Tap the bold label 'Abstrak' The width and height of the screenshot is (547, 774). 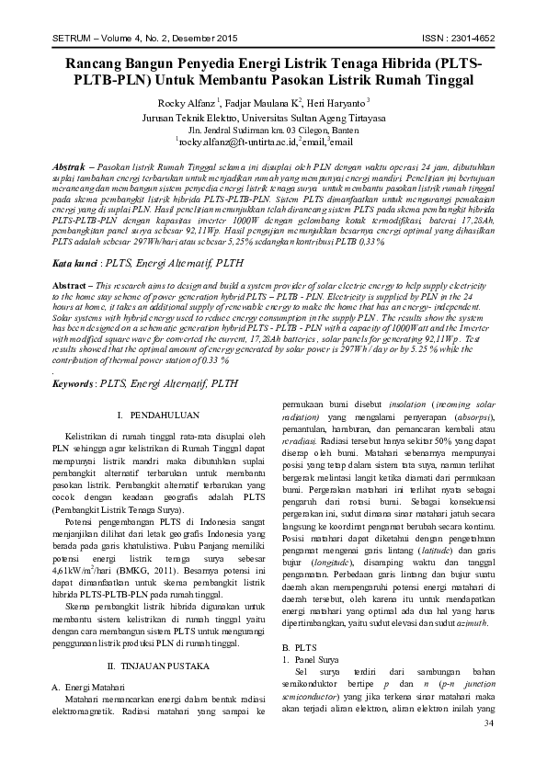point(71,160)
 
